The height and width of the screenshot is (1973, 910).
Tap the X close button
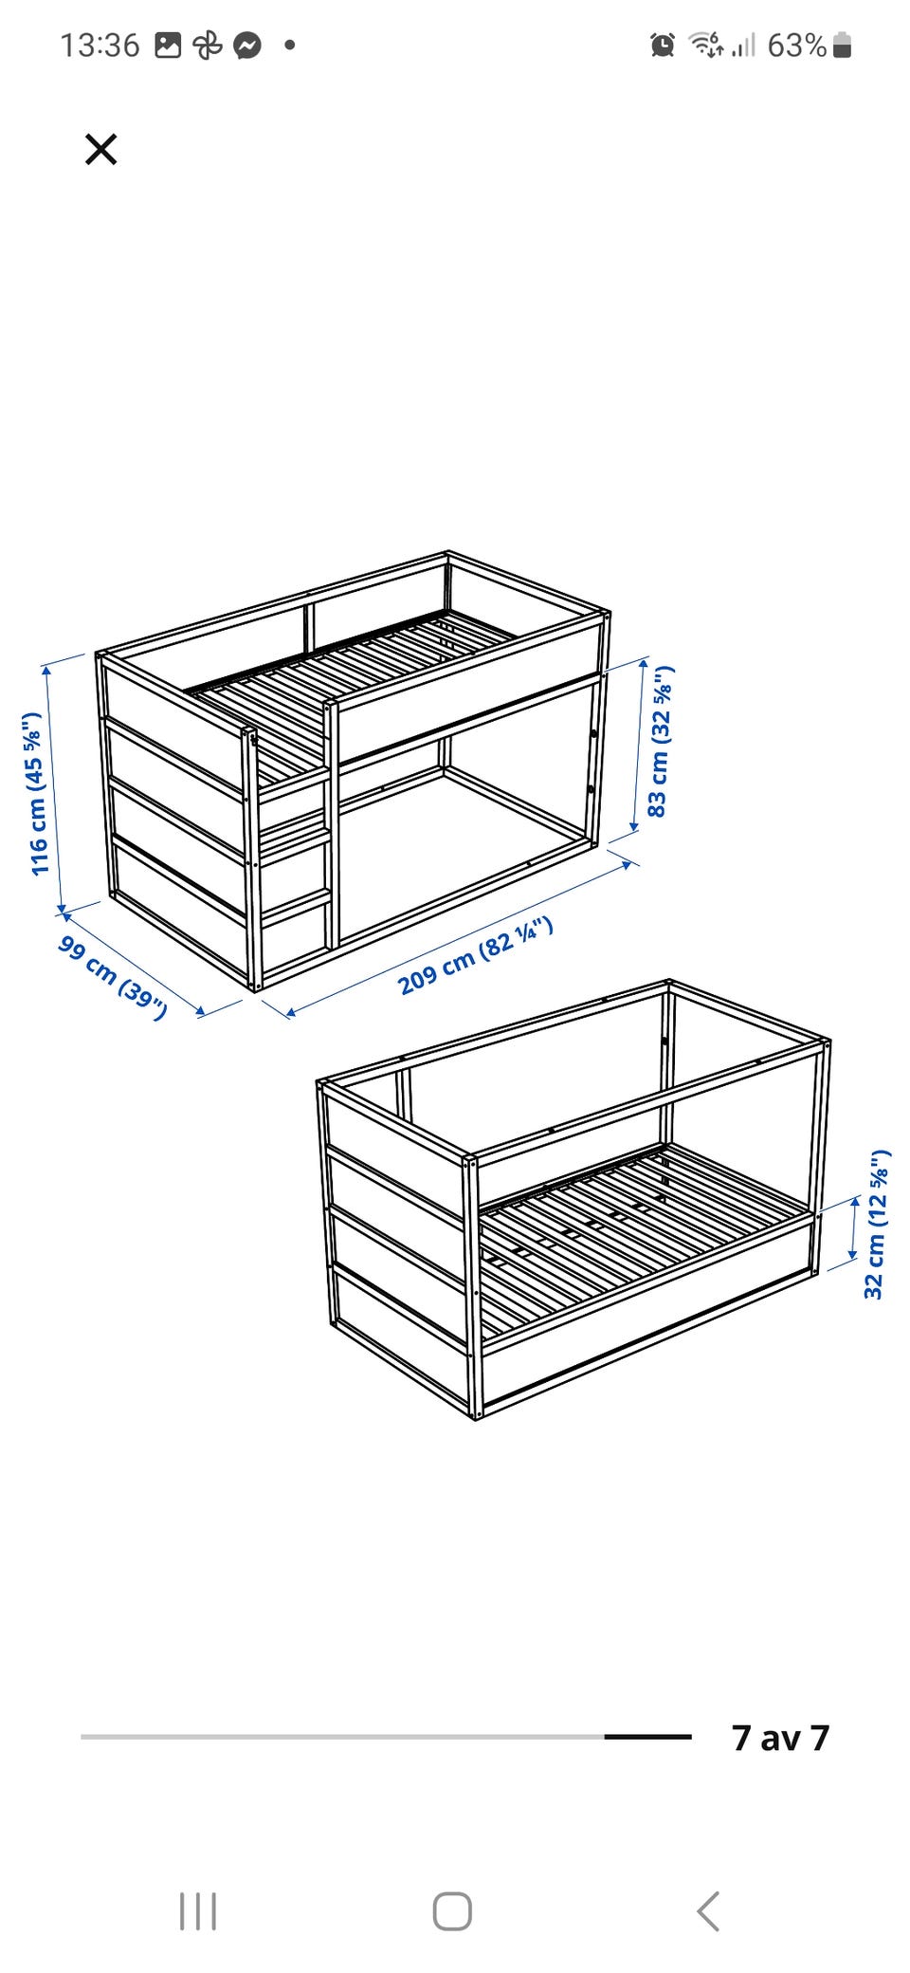[x=100, y=149]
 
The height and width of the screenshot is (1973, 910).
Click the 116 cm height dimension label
[x=35, y=794]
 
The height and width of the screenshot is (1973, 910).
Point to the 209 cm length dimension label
[x=476, y=956]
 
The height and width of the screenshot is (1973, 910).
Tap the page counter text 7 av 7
[x=780, y=1738]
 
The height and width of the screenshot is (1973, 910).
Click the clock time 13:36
[x=100, y=45]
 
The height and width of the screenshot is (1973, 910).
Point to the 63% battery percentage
[x=796, y=45]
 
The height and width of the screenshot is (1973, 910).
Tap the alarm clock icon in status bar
[x=663, y=45]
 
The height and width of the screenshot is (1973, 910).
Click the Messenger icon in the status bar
[x=247, y=46]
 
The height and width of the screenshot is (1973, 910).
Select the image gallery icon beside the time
[x=168, y=45]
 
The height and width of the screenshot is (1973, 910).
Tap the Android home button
[x=452, y=1911]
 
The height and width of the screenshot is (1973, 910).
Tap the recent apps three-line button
[x=198, y=1911]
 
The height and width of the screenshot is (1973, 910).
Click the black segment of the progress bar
[x=648, y=1737]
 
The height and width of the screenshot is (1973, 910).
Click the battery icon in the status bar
[x=842, y=46]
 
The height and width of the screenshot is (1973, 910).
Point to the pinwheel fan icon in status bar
[x=208, y=46]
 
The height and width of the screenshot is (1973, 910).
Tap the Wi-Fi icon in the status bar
[x=705, y=44]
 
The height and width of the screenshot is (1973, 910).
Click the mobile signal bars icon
[x=744, y=45]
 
